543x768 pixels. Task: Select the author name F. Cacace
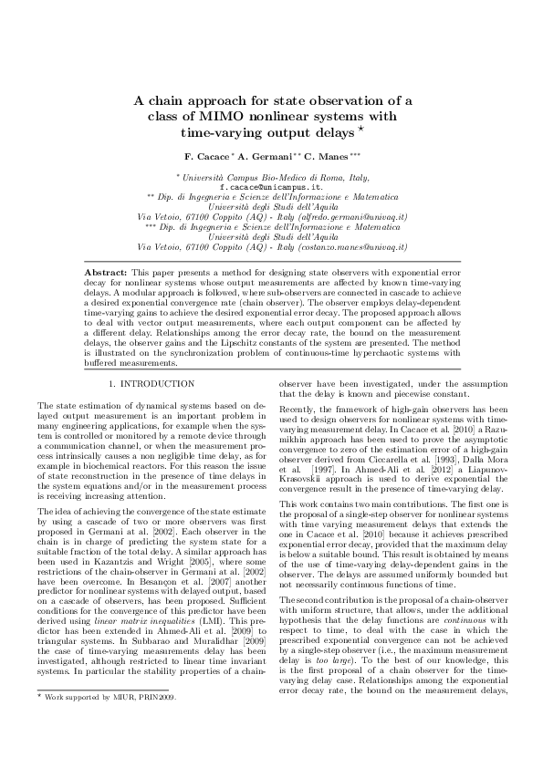(208, 157)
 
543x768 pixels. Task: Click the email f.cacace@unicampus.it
(271, 186)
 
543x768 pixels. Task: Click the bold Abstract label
(105, 272)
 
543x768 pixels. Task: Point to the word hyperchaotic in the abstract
(351, 354)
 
